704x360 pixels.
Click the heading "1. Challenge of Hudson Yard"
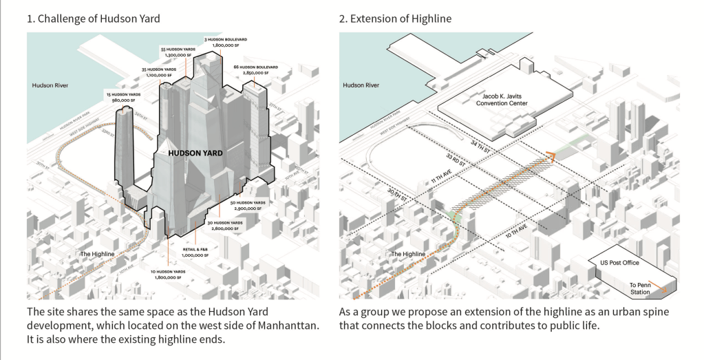pyautogui.click(x=94, y=19)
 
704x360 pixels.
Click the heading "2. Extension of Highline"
pyautogui.click(x=395, y=19)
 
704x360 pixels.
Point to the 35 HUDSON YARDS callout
pyautogui.click(x=160, y=72)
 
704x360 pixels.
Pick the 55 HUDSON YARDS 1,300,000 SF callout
pyautogui.click(x=178, y=53)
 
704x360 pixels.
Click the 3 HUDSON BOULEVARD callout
pyautogui.click(x=223, y=42)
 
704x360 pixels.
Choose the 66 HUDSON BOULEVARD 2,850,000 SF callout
pyautogui.click(x=255, y=70)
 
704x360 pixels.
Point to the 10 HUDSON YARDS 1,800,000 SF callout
pyautogui.click(x=169, y=275)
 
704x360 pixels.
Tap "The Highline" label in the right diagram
pyautogui.click(x=408, y=255)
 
